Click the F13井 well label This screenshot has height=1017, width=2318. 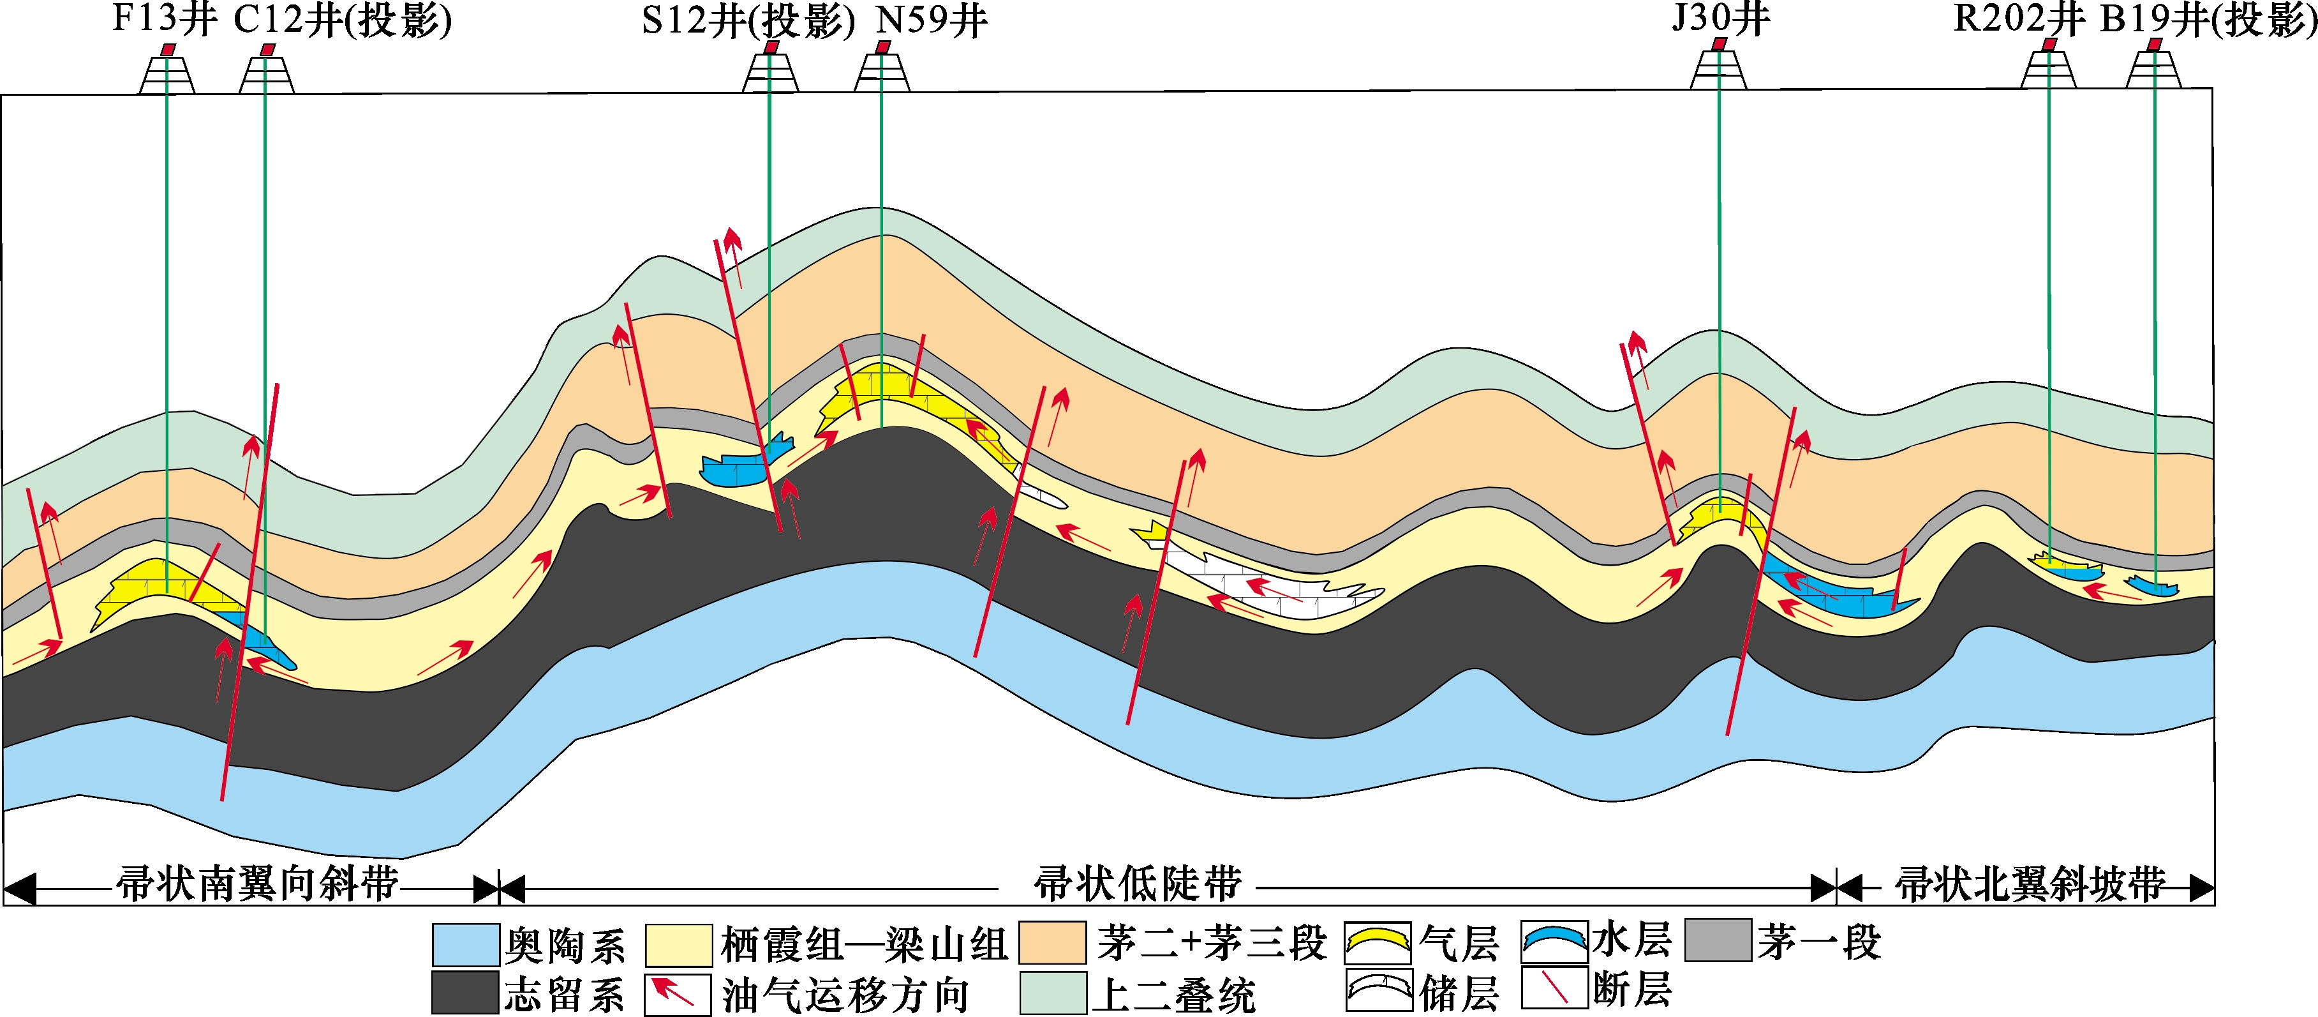coord(164,20)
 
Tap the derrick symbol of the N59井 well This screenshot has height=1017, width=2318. coord(882,70)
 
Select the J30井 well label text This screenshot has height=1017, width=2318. coord(1721,18)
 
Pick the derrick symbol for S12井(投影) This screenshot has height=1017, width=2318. coord(770,70)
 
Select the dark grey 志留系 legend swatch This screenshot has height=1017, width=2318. coord(465,993)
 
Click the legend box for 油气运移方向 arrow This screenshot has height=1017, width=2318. coord(678,993)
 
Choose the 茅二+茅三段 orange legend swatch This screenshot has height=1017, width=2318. coord(1052,942)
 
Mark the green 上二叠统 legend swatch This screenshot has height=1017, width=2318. coord(1052,993)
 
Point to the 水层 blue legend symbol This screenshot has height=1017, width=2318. coord(1554,942)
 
